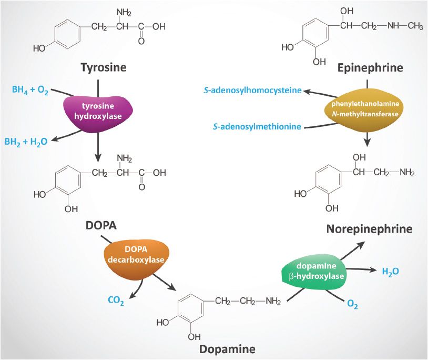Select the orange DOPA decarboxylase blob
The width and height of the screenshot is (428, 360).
point(137,255)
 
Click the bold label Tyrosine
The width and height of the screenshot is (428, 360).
point(104,67)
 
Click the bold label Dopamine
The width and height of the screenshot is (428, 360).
point(228,348)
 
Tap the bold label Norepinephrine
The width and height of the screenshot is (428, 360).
point(369,229)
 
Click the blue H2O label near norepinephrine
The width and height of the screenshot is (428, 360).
point(390,272)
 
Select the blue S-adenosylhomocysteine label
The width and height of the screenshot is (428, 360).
point(252,91)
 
